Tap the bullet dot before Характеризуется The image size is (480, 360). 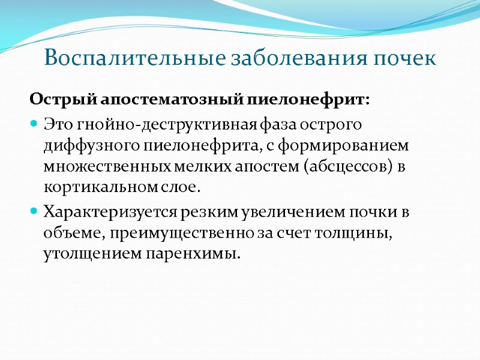click(x=34, y=212)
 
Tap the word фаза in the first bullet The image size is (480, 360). click(x=279, y=124)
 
